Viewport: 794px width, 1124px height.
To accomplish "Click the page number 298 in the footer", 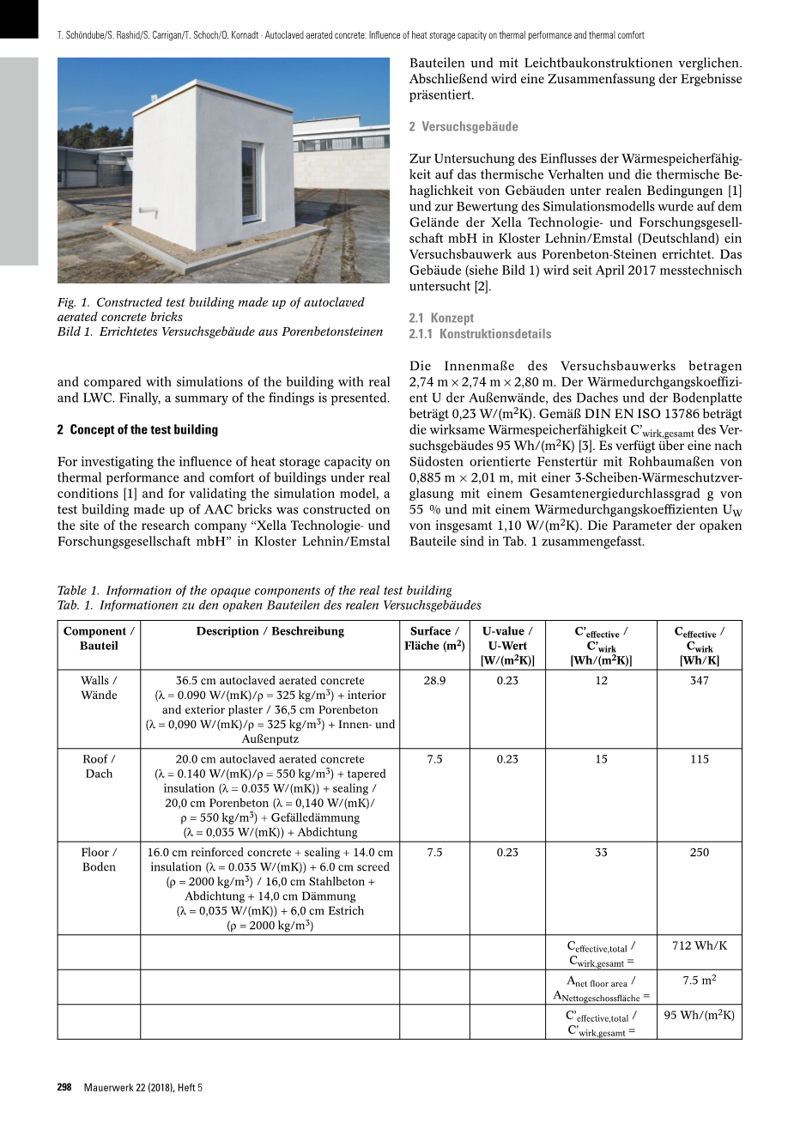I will tap(64, 1087).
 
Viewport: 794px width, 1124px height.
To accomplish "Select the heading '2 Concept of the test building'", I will tap(137, 429).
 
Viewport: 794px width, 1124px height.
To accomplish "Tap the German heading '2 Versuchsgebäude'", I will tap(464, 126).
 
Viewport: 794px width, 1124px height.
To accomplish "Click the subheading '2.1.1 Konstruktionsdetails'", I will tap(480, 334).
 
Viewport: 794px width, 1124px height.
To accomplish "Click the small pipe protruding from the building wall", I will tap(147, 209).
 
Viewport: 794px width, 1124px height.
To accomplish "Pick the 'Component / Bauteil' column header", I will tap(99, 638).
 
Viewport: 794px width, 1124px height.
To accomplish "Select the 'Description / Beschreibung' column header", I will tap(270, 631).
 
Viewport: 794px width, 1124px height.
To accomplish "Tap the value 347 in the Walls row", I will tap(699, 680).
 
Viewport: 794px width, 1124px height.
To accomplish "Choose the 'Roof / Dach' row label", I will tap(99, 766).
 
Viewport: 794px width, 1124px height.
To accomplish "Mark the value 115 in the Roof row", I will tap(699, 759).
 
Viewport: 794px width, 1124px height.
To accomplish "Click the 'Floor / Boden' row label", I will tap(99, 860).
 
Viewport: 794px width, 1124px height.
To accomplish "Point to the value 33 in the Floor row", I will tap(601, 853).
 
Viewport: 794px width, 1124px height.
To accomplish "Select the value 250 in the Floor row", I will tap(699, 853).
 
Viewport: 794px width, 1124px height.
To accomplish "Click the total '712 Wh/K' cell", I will tap(699, 945).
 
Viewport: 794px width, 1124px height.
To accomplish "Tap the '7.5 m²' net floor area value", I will tap(699, 981).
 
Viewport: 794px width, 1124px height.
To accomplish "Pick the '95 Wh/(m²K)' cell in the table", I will tap(699, 1015).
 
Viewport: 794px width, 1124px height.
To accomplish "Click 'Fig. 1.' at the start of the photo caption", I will tap(73, 302).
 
